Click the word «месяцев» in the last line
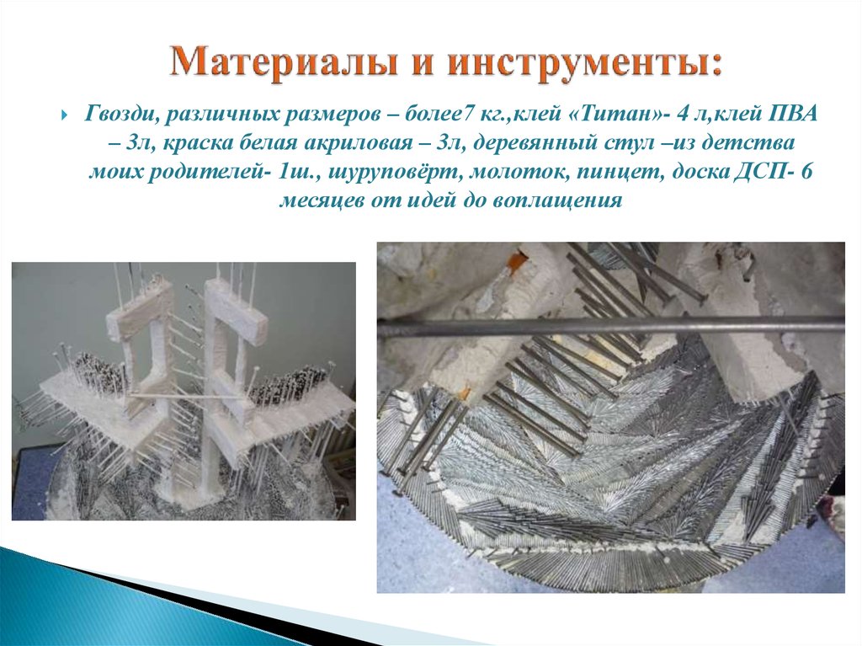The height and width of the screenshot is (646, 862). [x=321, y=201]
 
